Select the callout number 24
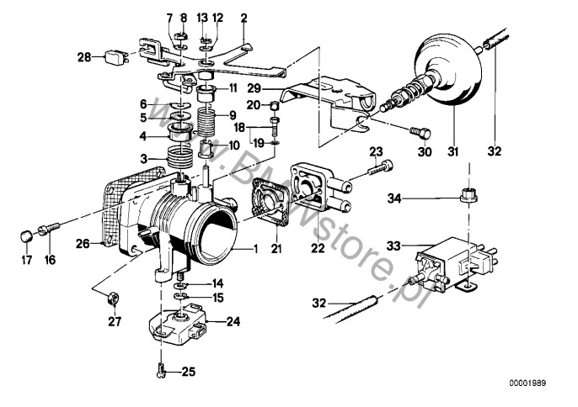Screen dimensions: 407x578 (x=233, y=320)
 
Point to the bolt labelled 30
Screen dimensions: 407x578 (x=420, y=131)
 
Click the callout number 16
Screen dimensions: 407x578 (x=50, y=261)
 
